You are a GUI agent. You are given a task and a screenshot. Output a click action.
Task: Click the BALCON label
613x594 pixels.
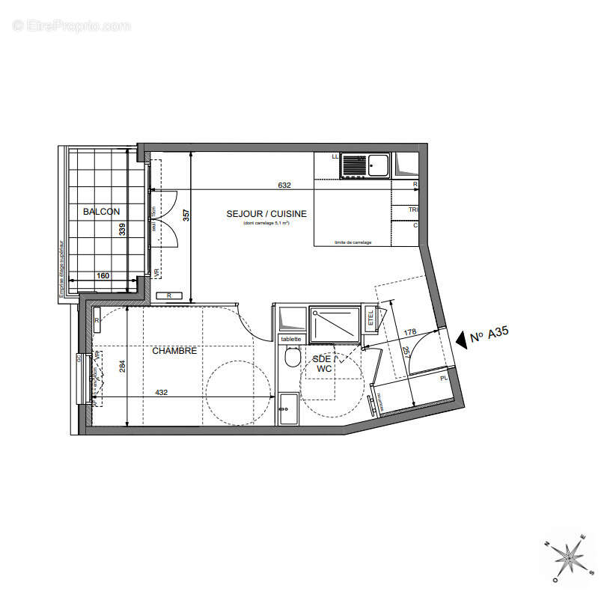point(102,212)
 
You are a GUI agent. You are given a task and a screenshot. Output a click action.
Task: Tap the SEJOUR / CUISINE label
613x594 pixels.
point(266,214)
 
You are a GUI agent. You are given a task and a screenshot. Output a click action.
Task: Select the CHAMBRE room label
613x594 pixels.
point(174,350)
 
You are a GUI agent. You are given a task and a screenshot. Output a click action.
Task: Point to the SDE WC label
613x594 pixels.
point(323,364)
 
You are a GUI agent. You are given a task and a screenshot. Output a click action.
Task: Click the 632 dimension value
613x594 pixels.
point(284,185)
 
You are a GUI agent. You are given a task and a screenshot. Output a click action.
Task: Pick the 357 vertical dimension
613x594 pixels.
point(186,215)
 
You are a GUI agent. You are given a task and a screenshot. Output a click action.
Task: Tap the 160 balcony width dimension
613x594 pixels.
point(103,276)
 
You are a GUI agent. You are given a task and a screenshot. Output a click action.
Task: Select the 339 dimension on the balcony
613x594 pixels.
point(123,229)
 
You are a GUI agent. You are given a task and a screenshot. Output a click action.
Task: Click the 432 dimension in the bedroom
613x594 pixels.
point(161,392)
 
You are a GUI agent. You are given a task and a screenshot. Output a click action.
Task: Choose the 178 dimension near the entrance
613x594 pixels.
point(409,331)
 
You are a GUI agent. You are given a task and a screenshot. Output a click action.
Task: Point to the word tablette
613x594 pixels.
point(290,339)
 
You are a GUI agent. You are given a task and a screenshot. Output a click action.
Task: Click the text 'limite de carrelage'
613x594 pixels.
point(353,242)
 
